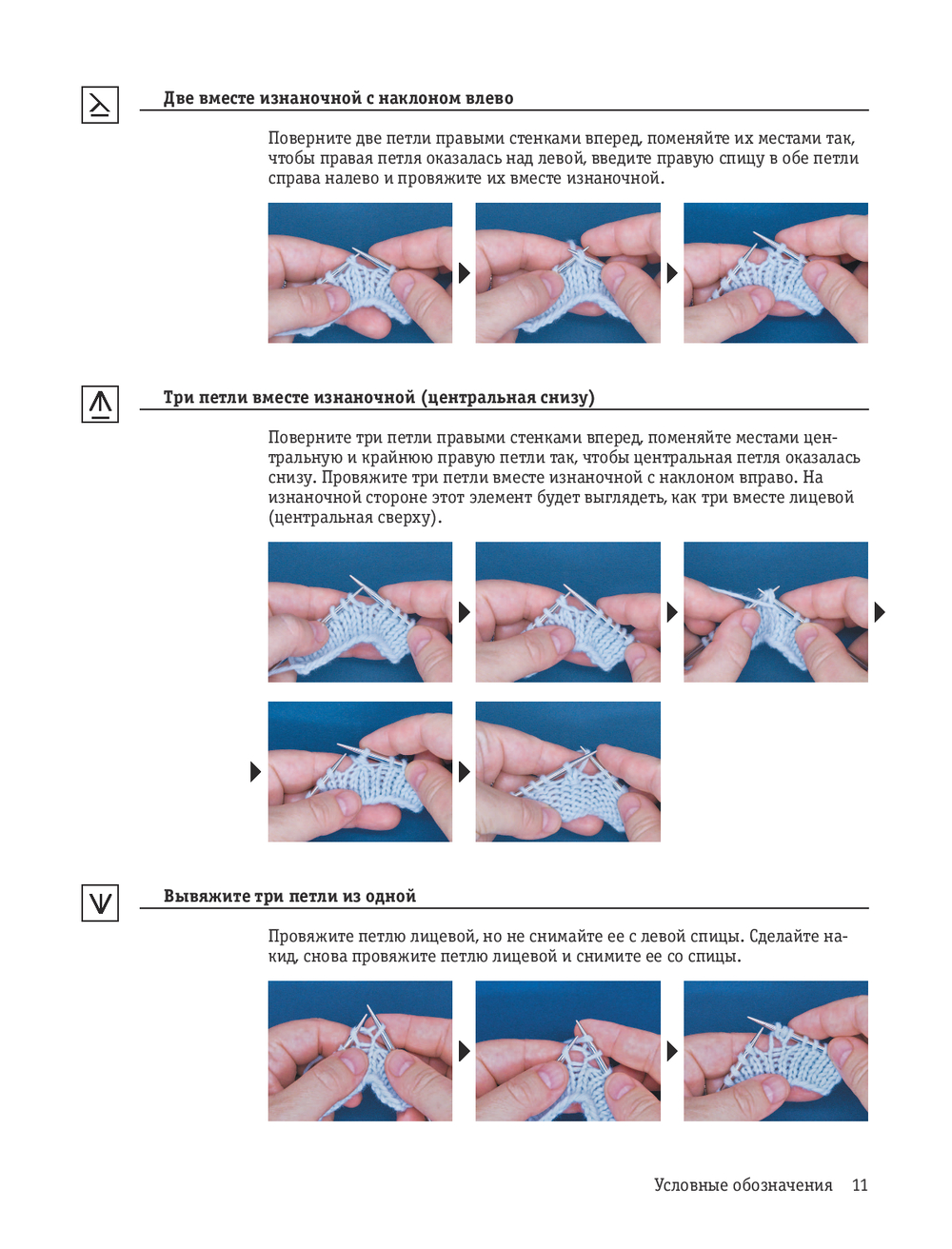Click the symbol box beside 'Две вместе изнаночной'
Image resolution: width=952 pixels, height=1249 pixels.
tap(100, 105)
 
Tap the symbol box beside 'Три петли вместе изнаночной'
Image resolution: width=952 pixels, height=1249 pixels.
tap(100, 404)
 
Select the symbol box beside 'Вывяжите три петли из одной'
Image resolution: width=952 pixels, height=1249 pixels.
tap(100, 902)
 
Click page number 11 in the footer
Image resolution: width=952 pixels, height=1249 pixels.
tap(860, 1185)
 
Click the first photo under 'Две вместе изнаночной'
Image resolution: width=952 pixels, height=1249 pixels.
tap(360, 272)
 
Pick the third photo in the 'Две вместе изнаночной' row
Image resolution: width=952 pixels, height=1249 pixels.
tap(776, 272)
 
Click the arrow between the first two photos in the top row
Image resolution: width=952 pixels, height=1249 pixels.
tap(465, 273)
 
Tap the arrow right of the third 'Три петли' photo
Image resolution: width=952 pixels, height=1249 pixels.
tap(880, 612)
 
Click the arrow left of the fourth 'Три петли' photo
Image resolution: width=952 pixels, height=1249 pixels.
tap(255, 772)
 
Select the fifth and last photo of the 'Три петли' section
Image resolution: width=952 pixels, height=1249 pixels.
tap(568, 772)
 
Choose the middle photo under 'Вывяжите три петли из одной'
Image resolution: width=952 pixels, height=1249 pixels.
tap(568, 1051)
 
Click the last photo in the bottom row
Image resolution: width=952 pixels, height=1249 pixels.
tap(776, 1051)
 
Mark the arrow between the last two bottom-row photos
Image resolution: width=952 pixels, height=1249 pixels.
tap(672, 1052)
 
